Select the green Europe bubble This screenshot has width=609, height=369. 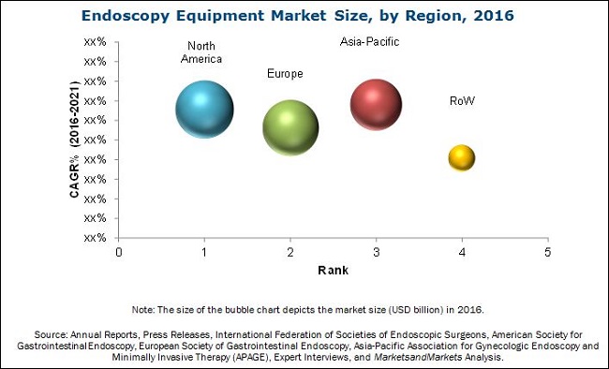tap(290, 126)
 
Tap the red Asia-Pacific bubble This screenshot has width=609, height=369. tap(377, 103)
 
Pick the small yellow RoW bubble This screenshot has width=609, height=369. tap(462, 158)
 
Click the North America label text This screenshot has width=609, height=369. tap(204, 52)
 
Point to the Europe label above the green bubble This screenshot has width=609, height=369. tap(285, 73)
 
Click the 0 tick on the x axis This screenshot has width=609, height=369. tap(119, 253)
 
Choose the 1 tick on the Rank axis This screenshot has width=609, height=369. tap(204, 253)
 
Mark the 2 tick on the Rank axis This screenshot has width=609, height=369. tap(290, 253)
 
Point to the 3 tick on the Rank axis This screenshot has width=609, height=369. tap(377, 253)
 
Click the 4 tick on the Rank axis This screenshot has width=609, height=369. tap(462, 253)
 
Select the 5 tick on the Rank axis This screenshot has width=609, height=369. tap(548, 253)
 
